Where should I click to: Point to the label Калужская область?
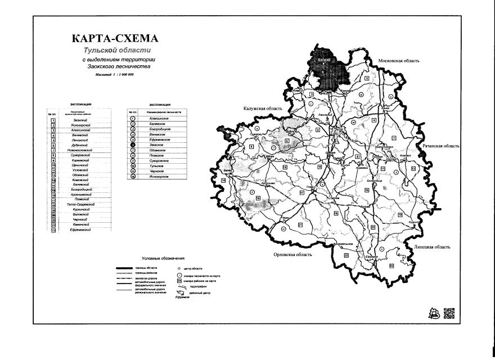262,109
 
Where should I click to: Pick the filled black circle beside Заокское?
132,145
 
